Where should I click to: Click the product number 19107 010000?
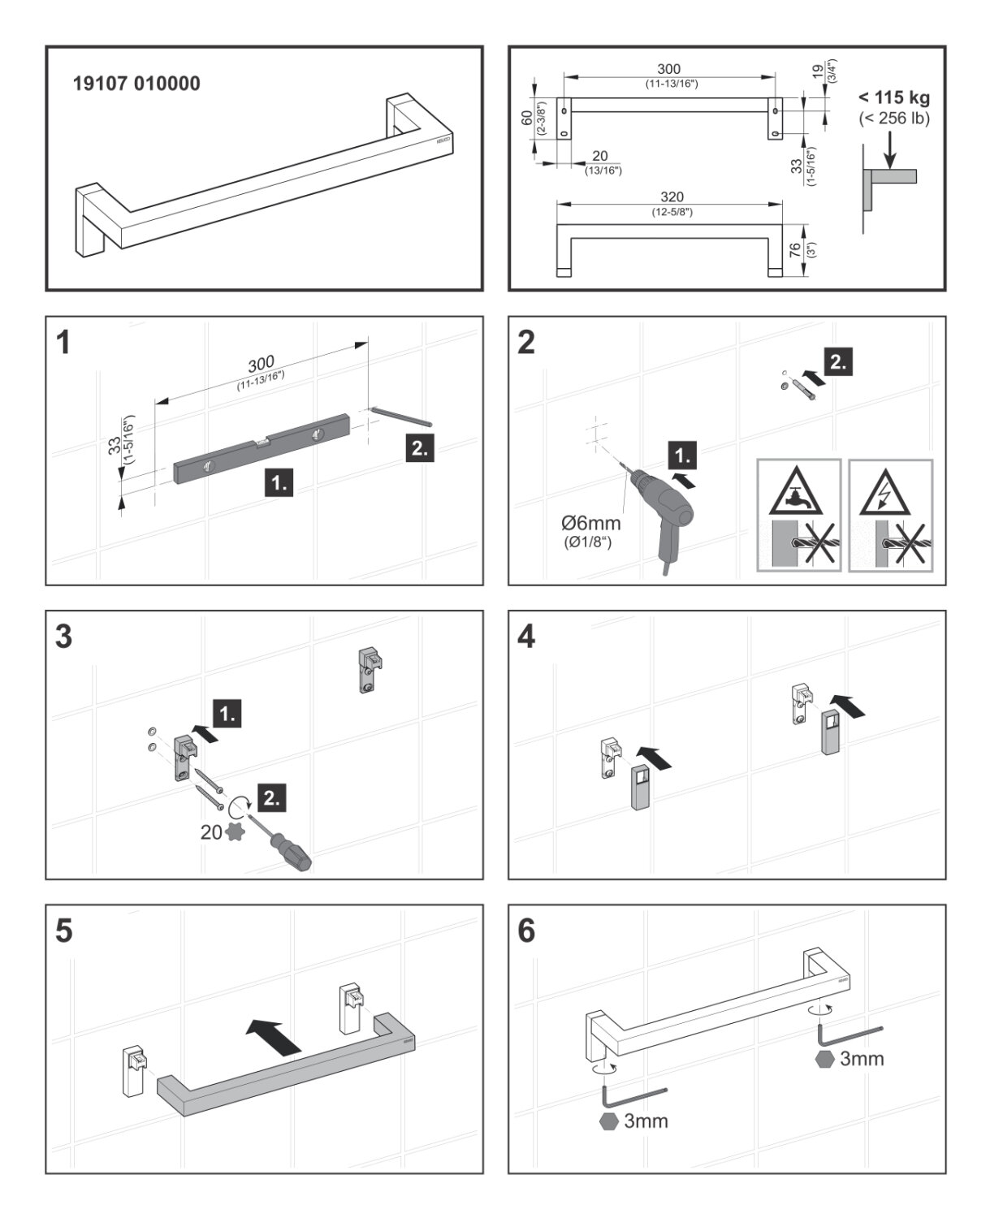[x=136, y=84]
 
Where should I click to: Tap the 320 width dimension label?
[x=672, y=197]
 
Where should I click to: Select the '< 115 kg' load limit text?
[x=893, y=98]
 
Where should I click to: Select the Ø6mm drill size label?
[x=590, y=524]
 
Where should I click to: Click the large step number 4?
[x=526, y=637]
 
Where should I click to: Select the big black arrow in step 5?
[x=274, y=1037]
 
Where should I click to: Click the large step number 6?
[x=526, y=931]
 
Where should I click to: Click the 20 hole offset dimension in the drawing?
[x=600, y=156]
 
